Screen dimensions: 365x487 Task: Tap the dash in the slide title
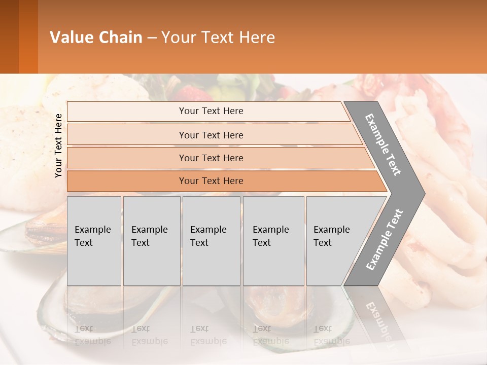[x=152, y=38]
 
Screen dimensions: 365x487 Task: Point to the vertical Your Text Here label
[x=58, y=145]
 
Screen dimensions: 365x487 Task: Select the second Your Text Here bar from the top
[x=211, y=135]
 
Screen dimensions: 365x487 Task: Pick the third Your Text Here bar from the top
[x=211, y=158]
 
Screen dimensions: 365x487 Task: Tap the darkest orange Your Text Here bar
[x=211, y=181]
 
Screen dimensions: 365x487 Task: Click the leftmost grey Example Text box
[x=94, y=241]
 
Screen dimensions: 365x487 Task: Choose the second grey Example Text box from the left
[x=151, y=241]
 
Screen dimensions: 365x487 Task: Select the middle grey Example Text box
[x=211, y=241]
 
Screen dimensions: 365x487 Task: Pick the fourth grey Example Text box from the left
[x=273, y=241]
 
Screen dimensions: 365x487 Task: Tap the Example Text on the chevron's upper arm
[x=383, y=144]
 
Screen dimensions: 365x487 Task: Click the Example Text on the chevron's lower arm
[x=384, y=240]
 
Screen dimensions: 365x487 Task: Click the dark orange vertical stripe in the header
[x=28, y=36]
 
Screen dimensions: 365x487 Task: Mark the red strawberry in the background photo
[x=190, y=94]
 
